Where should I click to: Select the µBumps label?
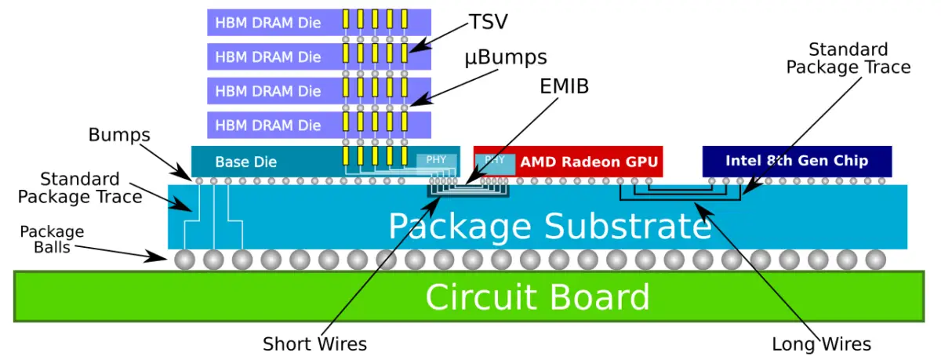pyautogui.click(x=506, y=57)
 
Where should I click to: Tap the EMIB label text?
pyautogui.click(x=561, y=85)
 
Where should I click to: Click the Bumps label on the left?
pyautogui.click(x=119, y=135)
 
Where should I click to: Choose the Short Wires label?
pyautogui.click(x=314, y=344)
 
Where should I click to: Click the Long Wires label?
pyautogui.click(x=821, y=344)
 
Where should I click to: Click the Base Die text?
pyautogui.click(x=245, y=162)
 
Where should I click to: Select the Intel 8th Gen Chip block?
pyautogui.click(x=796, y=161)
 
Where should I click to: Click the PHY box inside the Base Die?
pyautogui.click(x=436, y=160)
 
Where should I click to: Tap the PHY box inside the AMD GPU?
pyautogui.click(x=495, y=160)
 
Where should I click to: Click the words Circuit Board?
pyautogui.click(x=537, y=297)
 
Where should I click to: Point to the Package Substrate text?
pyautogui.click(x=549, y=227)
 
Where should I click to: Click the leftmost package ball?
pyautogui.click(x=185, y=260)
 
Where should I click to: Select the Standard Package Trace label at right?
pyautogui.click(x=848, y=59)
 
